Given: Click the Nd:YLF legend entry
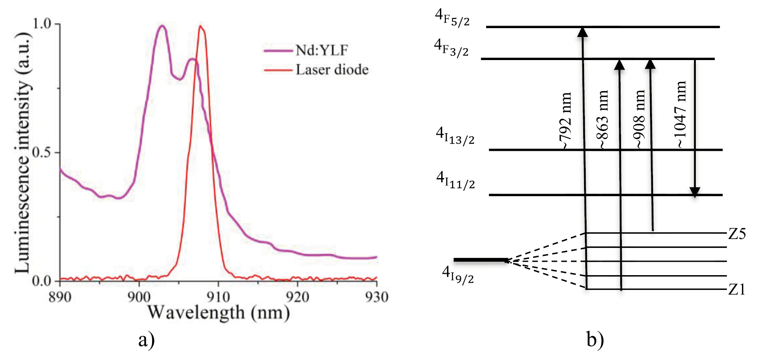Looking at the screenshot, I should tap(321, 50).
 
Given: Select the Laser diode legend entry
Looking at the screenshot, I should tap(332, 70).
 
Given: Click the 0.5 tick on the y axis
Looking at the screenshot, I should tap(41, 152).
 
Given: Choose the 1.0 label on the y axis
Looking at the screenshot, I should tap(41, 24).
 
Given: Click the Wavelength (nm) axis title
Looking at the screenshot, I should tap(218, 313).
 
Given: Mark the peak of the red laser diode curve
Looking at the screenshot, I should tap(201, 26).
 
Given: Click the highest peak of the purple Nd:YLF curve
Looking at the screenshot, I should tap(162, 26).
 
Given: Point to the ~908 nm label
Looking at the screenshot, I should tap(639, 119).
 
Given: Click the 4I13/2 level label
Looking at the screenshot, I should tap(455, 136).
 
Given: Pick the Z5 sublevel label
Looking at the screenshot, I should tap(737, 234).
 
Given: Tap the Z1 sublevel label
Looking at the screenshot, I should tap(737, 289).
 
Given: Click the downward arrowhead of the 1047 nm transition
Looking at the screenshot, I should tap(695, 192).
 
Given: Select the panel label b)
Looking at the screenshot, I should tap(595, 339).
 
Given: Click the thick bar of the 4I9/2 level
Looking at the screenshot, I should tap(480, 260).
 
